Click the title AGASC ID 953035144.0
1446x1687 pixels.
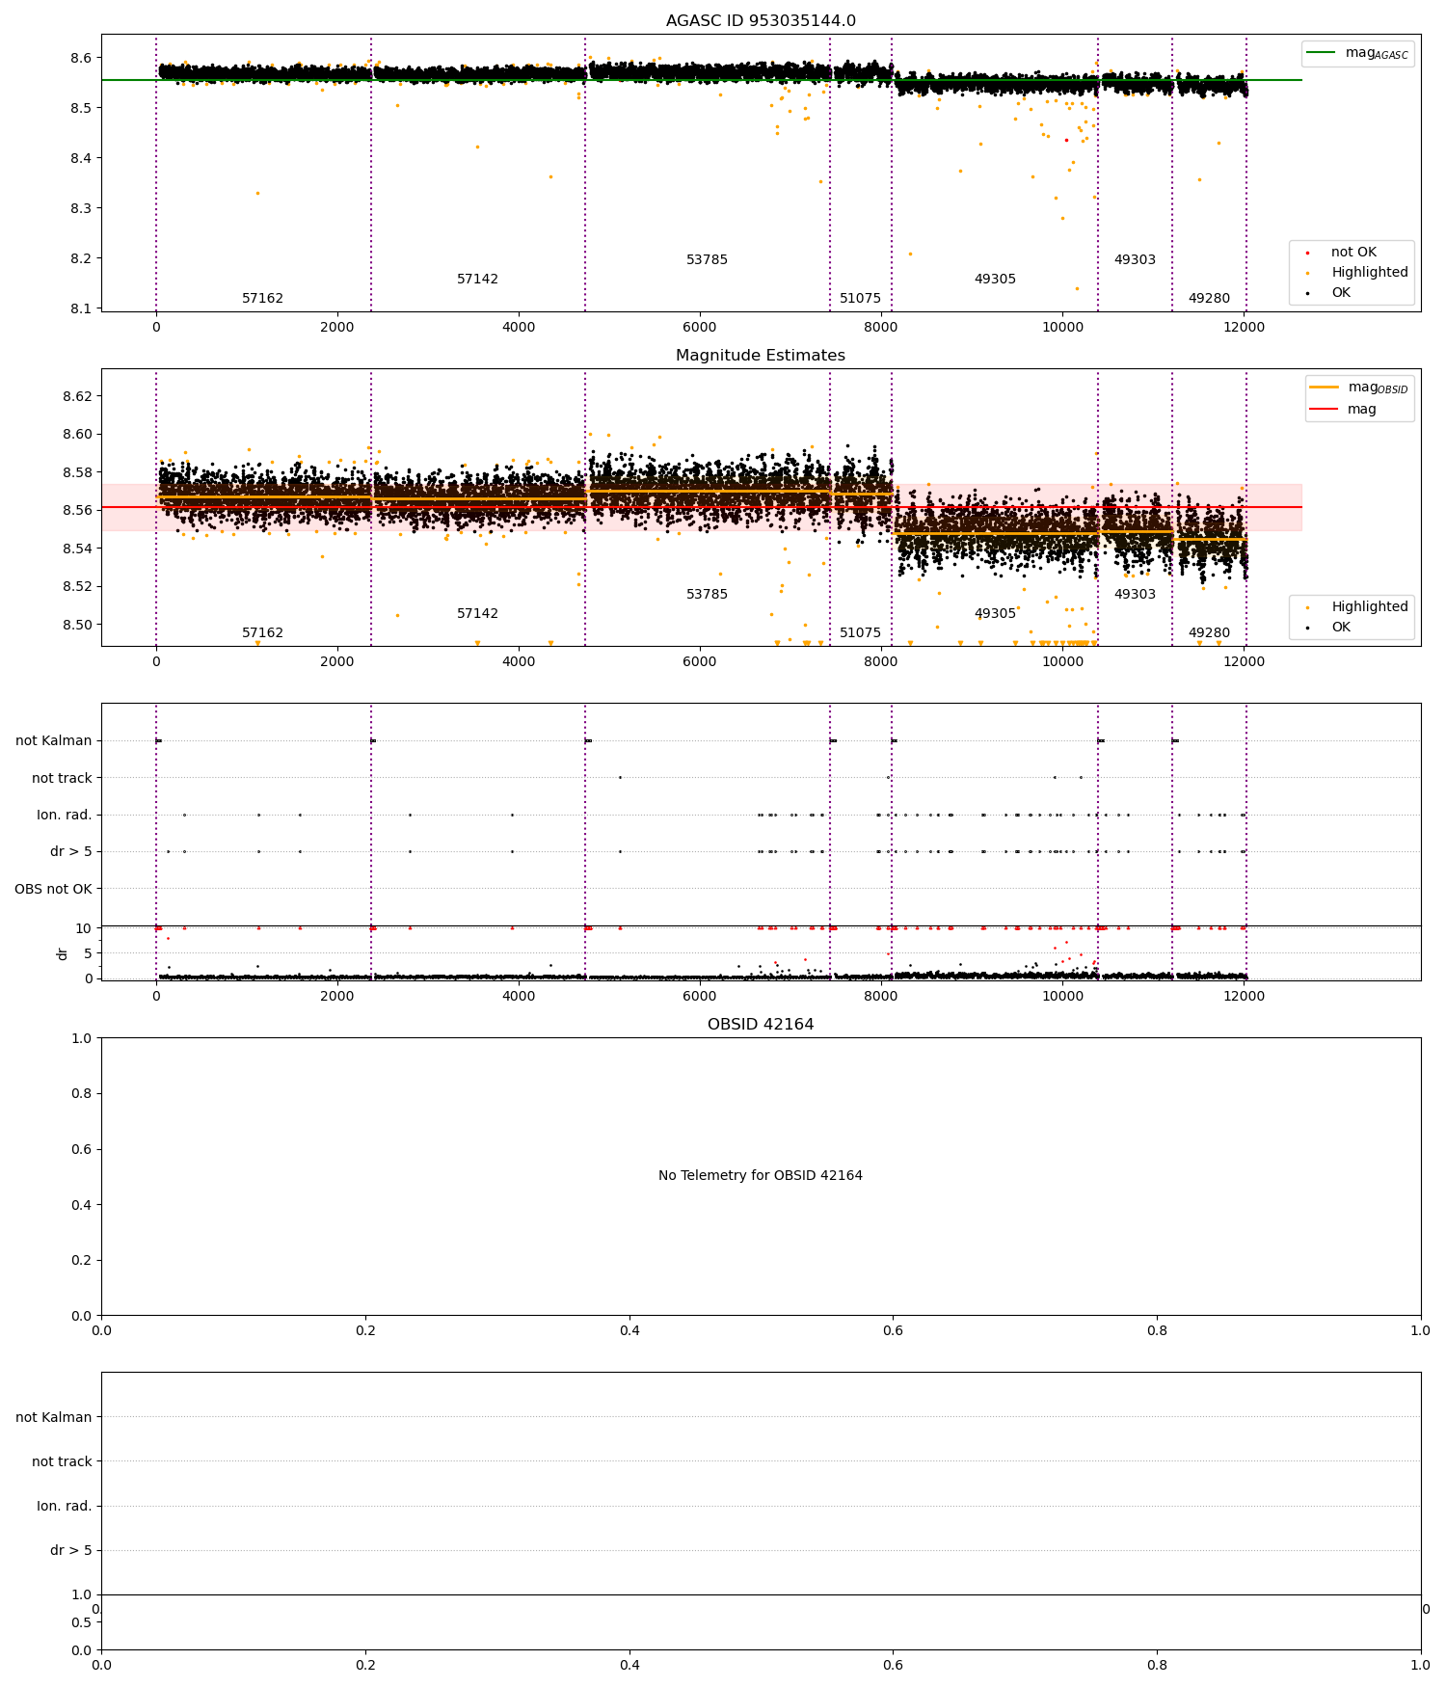[761, 21]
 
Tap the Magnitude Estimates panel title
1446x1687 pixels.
[761, 356]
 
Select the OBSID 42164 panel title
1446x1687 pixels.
[761, 1025]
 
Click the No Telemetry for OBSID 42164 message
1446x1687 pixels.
[761, 1176]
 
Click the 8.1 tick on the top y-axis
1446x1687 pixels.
[80, 308]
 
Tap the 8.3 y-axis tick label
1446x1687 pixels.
[80, 208]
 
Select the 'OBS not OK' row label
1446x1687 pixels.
[53, 889]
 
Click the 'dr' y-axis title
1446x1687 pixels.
[63, 953]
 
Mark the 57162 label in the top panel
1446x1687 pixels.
[262, 299]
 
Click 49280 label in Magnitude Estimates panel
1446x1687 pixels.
[1209, 633]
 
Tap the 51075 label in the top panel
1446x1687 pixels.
[860, 299]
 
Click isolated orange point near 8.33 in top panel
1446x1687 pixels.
[257, 194]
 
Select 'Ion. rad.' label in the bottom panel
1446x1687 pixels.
[64, 1506]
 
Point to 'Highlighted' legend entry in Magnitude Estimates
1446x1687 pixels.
[1369, 607]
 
